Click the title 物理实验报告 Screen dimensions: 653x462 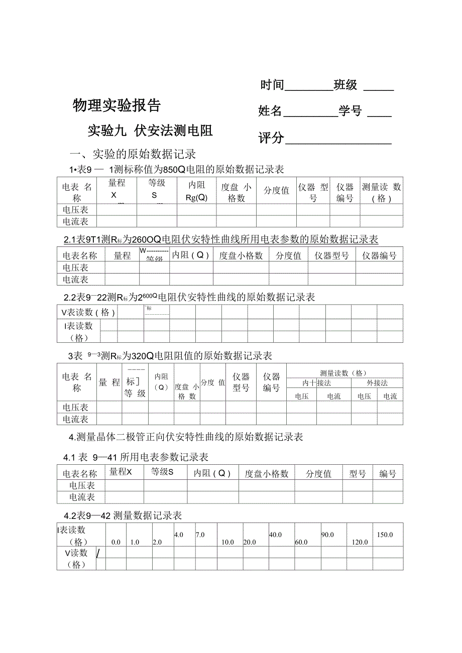[117, 105]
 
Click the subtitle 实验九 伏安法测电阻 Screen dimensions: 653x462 [150, 131]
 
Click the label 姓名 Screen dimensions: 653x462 [270, 111]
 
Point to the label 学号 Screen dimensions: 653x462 [350, 111]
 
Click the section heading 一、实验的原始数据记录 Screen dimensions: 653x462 [133, 154]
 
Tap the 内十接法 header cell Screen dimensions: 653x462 [316, 383]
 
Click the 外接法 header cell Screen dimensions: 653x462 [377, 383]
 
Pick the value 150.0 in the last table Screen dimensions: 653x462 [385, 535]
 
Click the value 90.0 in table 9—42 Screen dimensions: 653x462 [327, 535]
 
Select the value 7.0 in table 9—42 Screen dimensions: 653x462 [200, 535]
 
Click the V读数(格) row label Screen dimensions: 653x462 [76, 558]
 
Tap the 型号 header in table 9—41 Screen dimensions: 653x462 [358, 473]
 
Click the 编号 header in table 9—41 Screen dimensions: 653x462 [388, 473]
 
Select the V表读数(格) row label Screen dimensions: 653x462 [88, 312]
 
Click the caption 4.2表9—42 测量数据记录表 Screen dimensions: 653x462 [123, 515]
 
